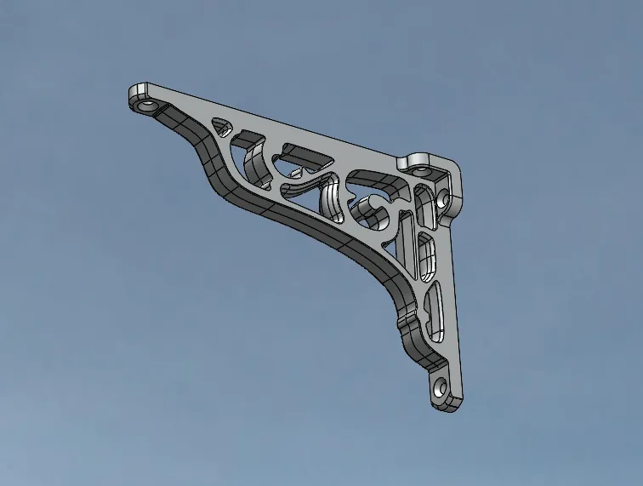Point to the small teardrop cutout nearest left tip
(x=220, y=126)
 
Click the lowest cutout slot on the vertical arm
(x=436, y=310)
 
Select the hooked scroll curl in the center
(x=374, y=205)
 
